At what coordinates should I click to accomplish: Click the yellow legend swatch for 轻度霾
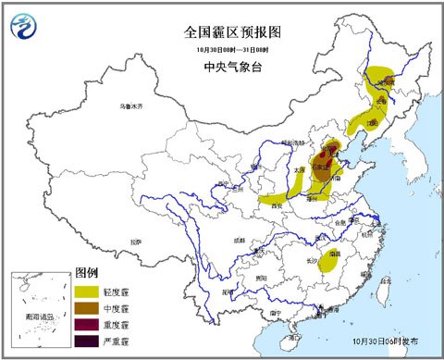pyautogui.click(x=88, y=291)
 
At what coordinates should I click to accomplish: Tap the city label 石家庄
pyautogui.click(x=322, y=168)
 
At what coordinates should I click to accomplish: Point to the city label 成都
pyautogui.click(x=240, y=239)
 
